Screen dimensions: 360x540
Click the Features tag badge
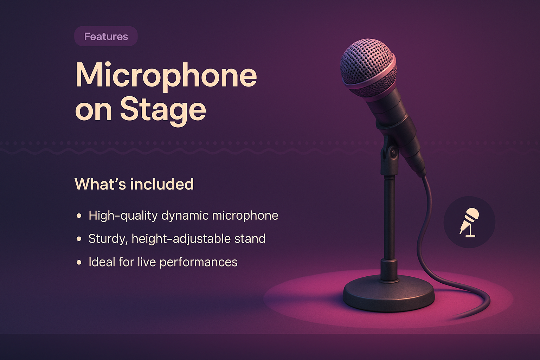click(106, 36)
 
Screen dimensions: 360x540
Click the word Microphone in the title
click(166, 75)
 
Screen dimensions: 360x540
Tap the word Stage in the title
click(163, 109)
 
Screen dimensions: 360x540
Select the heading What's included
click(134, 184)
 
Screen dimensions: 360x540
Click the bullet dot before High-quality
click(79, 216)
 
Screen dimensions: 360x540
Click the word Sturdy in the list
click(107, 239)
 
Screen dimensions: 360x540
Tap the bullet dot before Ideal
click(79, 262)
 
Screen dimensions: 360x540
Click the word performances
click(198, 262)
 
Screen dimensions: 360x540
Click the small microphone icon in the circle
click(469, 222)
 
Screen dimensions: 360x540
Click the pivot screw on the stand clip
click(393, 152)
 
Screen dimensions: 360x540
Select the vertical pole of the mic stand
click(389, 218)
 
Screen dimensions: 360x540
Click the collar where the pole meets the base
click(389, 269)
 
